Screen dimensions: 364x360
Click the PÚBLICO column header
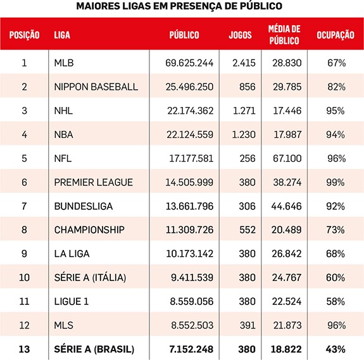tap(184, 35)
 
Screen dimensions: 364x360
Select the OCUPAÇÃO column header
tap(336, 35)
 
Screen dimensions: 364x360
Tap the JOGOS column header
tap(241, 35)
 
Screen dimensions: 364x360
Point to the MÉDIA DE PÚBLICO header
tap(284, 35)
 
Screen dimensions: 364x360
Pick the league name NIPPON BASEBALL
tap(96, 87)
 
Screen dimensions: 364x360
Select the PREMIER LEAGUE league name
tap(93, 182)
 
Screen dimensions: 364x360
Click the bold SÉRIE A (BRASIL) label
tap(94, 349)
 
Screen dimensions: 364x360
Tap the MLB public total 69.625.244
tap(189, 63)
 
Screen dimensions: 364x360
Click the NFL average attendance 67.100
tap(287, 158)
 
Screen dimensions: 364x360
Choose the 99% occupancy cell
tap(336, 183)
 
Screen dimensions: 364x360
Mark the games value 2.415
tap(244, 63)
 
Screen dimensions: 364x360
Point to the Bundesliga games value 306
tap(247, 206)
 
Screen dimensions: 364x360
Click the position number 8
tap(24, 230)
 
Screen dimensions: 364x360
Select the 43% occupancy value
tap(336, 349)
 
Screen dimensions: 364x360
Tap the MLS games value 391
tap(248, 325)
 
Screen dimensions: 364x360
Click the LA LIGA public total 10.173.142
tap(189, 254)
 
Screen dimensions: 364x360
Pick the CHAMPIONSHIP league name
tap(89, 230)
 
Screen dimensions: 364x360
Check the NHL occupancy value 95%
tap(336, 111)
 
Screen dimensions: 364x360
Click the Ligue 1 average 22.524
tap(287, 302)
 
